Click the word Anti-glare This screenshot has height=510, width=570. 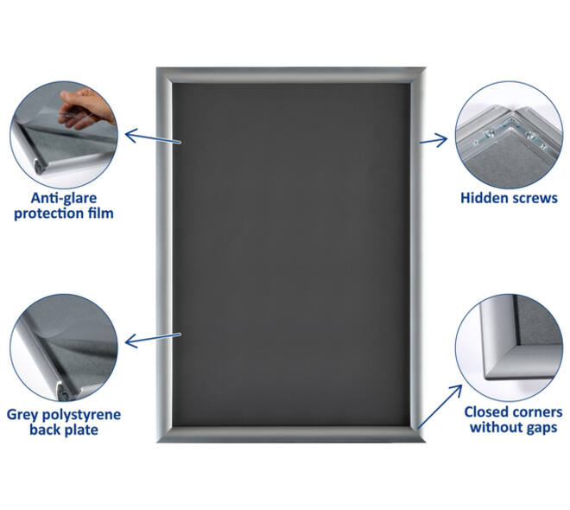click(x=64, y=198)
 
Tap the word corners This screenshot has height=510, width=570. click(x=536, y=413)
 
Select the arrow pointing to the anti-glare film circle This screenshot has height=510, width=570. click(x=153, y=137)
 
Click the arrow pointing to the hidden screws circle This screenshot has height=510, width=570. click(x=434, y=140)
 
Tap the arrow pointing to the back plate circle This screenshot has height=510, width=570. click(x=153, y=339)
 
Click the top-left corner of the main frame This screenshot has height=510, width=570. click(x=156, y=67)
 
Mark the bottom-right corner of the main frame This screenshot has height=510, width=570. click(x=425, y=442)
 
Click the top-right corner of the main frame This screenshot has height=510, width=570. click(x=425, y=67)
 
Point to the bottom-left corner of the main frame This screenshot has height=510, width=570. click(x=156, y=442)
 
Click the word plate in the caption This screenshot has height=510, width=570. click(x=82, y=430)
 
